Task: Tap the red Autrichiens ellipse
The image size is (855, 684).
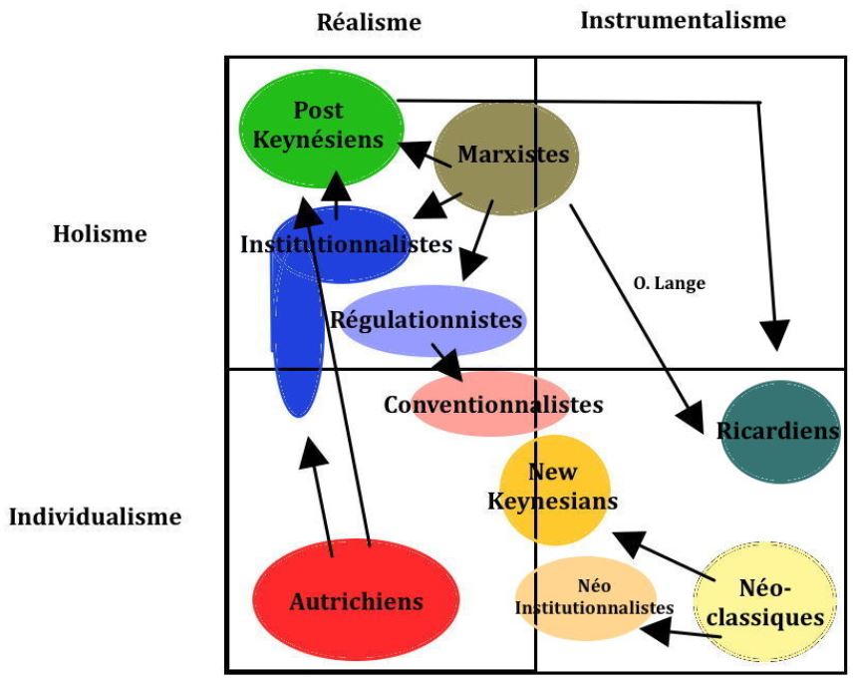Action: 356,601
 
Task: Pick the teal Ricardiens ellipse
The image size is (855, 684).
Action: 780,431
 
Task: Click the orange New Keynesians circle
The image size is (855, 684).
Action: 553,487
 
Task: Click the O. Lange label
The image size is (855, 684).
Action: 669,283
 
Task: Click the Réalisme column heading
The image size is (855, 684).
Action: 369,22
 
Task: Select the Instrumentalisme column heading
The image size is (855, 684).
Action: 683,20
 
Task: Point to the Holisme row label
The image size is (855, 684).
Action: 100,234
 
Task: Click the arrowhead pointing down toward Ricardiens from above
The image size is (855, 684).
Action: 774,334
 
